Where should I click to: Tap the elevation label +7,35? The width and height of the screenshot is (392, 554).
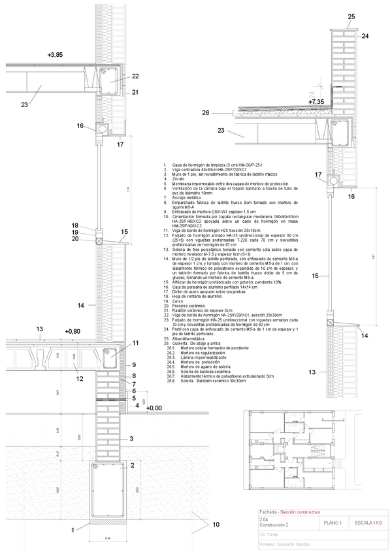pos(316,102)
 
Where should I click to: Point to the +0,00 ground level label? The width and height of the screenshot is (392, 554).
pos(154,408)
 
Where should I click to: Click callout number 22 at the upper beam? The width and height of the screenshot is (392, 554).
pos(135,76)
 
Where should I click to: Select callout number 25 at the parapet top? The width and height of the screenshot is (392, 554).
pos(351,16)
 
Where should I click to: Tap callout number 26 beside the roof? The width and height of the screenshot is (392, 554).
pos(205,113)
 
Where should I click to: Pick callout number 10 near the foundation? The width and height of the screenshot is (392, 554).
pos(216,525)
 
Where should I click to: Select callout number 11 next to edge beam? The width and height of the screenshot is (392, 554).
pos(136,343)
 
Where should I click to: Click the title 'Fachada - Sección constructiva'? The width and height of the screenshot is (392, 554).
pos(287,512)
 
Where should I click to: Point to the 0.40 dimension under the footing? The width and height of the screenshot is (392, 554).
pos(108,538)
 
